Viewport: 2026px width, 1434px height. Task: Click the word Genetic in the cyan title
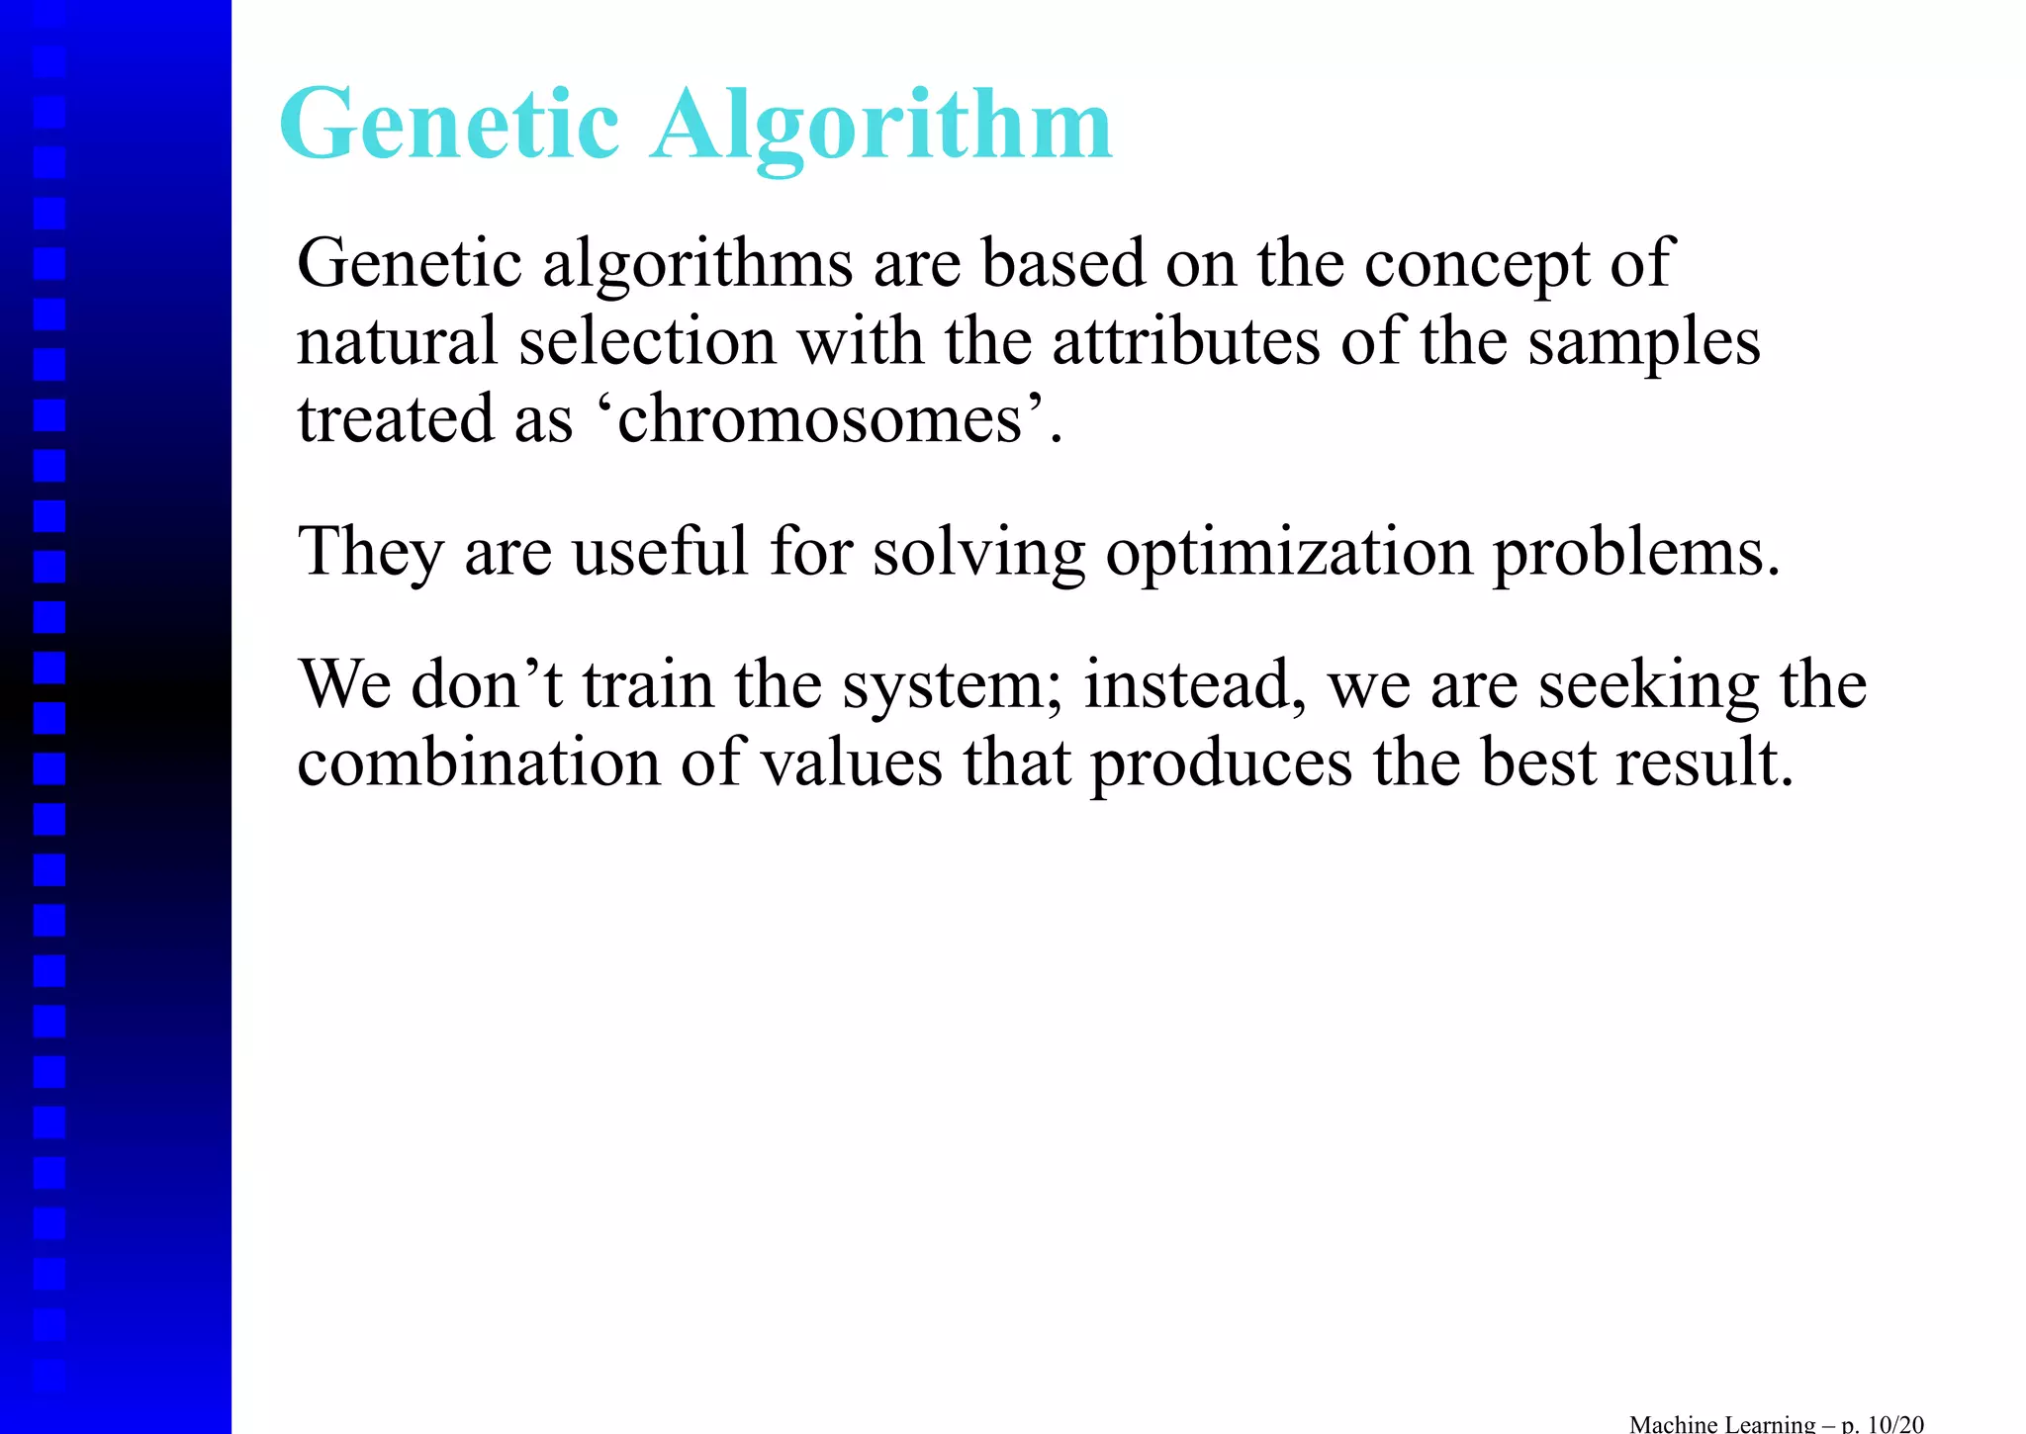(x=449, y=126)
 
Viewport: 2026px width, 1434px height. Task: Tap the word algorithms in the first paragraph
(x=697, y=265)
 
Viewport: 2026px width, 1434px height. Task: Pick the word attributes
(x=1186, y=342)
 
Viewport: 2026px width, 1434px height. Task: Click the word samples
(x=1643, y=344)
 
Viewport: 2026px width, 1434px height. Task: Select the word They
(x=370, y=552)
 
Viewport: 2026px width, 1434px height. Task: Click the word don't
(x=486, y=684)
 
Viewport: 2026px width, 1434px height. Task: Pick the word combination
(x=478, y=763)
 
